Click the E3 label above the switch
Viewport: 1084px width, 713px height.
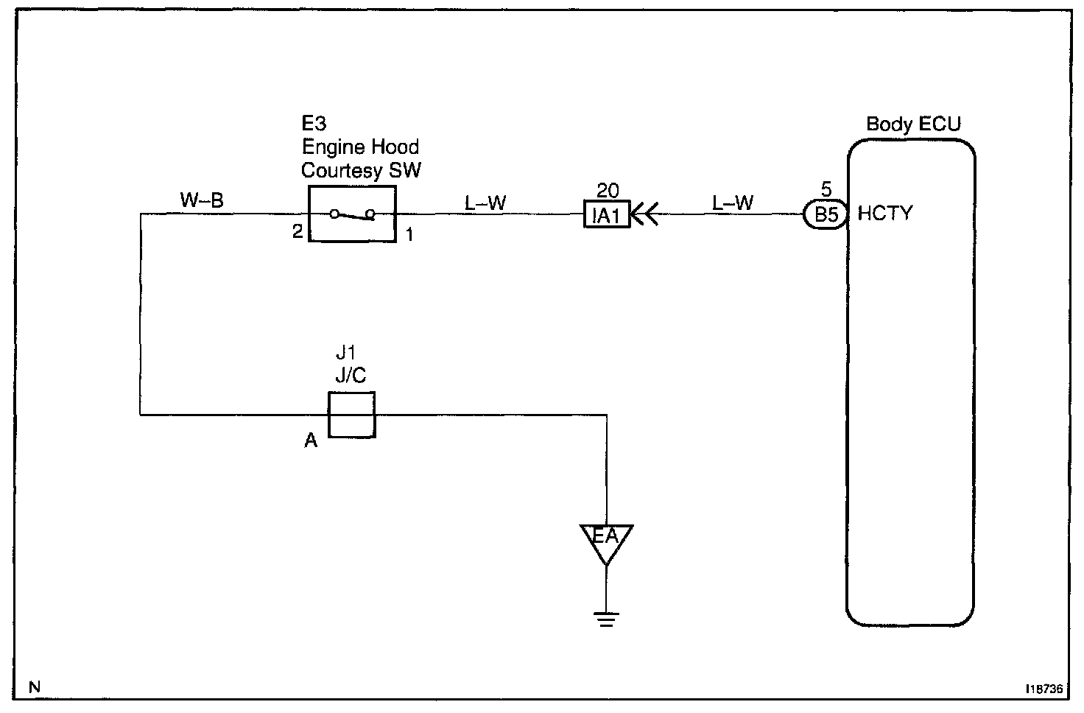(x=314, y=124)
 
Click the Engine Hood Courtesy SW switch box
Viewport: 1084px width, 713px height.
(x=352, y=186)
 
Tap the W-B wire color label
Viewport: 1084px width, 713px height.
(x=202, y=200)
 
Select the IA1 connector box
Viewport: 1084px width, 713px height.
(x=607, y=214)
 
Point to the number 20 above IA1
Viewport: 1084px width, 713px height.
(x=608, y=191)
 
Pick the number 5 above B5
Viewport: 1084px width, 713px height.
(x=826, y=189)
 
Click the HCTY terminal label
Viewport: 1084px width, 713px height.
(x=885, y=213)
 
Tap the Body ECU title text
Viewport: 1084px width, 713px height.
(x=913, y=124)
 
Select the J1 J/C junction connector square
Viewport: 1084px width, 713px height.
(x=352, y=393)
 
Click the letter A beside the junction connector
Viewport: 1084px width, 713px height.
(x=311, y=440)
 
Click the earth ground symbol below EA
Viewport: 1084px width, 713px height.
(x=606, y=619)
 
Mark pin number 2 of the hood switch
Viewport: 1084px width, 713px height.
(x=297, y=231)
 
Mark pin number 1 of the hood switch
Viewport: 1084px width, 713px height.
(x=409, y=234)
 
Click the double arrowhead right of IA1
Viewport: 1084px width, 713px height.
(x=645, y=214)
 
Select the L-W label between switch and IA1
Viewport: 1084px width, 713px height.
(x=485, y=203)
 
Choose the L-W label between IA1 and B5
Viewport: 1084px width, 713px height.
(x=733, y=203)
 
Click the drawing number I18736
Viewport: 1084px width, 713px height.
(x=1044, y=688)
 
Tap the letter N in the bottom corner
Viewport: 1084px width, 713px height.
(x=35, y=687)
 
